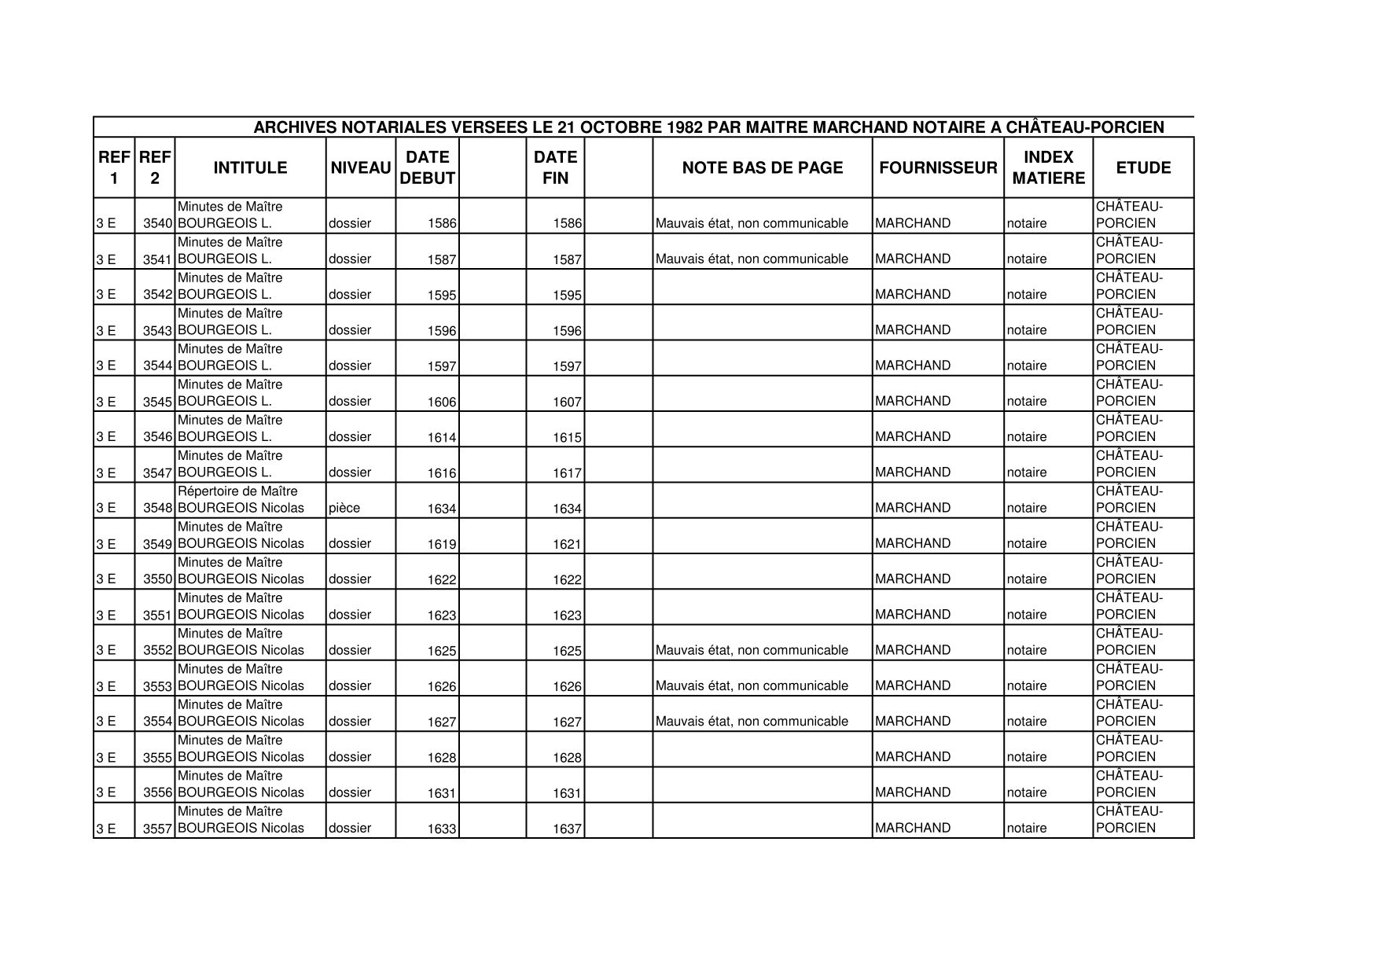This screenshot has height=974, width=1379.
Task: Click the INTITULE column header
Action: (250, 167)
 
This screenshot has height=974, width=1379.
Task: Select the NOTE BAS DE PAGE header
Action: (762, 167)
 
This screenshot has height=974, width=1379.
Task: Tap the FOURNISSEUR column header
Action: (938, 167)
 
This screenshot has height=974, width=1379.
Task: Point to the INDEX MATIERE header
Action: (1048, 167)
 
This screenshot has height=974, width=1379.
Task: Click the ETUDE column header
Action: (1143, 167)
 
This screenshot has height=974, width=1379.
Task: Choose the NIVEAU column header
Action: (361, 167)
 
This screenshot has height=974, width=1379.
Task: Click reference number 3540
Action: (157, 223)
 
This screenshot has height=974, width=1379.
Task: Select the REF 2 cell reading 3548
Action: (157, 508)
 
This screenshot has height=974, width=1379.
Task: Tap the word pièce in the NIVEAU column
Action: (344, 508)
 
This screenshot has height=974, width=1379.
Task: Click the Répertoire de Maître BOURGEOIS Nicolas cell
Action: (241, 500)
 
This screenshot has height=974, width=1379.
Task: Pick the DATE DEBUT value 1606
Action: (442, 402)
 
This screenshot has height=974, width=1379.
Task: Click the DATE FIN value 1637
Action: (567, 829)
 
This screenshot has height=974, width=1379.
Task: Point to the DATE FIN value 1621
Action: (567, 544)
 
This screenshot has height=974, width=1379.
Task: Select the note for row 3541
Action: (752, 259)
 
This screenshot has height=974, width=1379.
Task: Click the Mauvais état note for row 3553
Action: (752, 685)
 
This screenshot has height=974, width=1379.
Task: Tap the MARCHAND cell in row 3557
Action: (912, 828)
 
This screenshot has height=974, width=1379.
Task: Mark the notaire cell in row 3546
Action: (1027, 437)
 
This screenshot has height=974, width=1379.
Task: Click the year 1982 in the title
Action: (685, 127)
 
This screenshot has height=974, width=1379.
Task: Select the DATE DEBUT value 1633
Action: (442, 829)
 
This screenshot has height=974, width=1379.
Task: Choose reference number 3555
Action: (157, 757)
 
